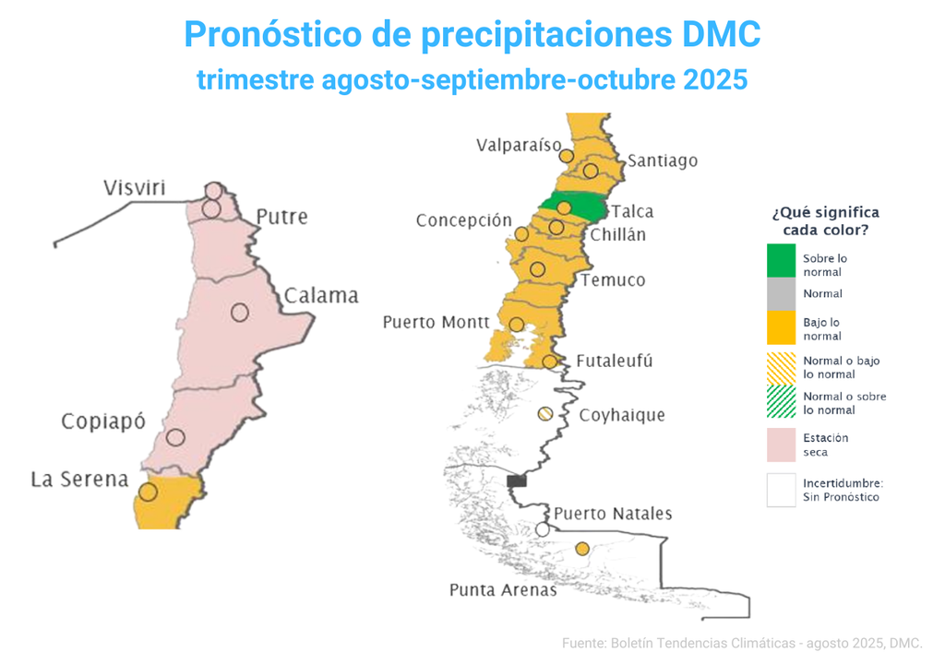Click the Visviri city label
pyautogui.click(x=135, y=189)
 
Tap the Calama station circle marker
pyautogui.click(x=240, y=313)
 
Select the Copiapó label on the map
pyautogui.click(x=103, y=421)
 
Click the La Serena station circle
pyautogui.click(x=148, y=492)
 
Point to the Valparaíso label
pyautogui.click(x=520, y=145)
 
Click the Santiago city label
pyautogui.click(x=663, y=160)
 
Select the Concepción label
pyautogui.click(x=463, y=220)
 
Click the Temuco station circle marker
pyautogui.click(x=538, y=268)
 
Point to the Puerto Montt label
pyautogui.click(x=436, y=322)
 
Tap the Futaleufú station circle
pyautogui.click(x=550, y=361)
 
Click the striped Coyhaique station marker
pyautogui.click(x=545, y=414)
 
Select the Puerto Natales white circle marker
pyautogui.click(x=543, y=529)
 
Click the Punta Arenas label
pyautogui.click(x=503, y=589)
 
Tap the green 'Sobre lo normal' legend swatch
pyautogui.click(x=781, y=260)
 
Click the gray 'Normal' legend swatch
pyautogui.click(x=781, y=293)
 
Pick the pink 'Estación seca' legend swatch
pyautogui.click(x=781, y=445)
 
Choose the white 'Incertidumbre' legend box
pyautogui.click(x=781, y=490)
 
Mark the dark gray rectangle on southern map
pyautogui.click(x=517, y=480)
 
